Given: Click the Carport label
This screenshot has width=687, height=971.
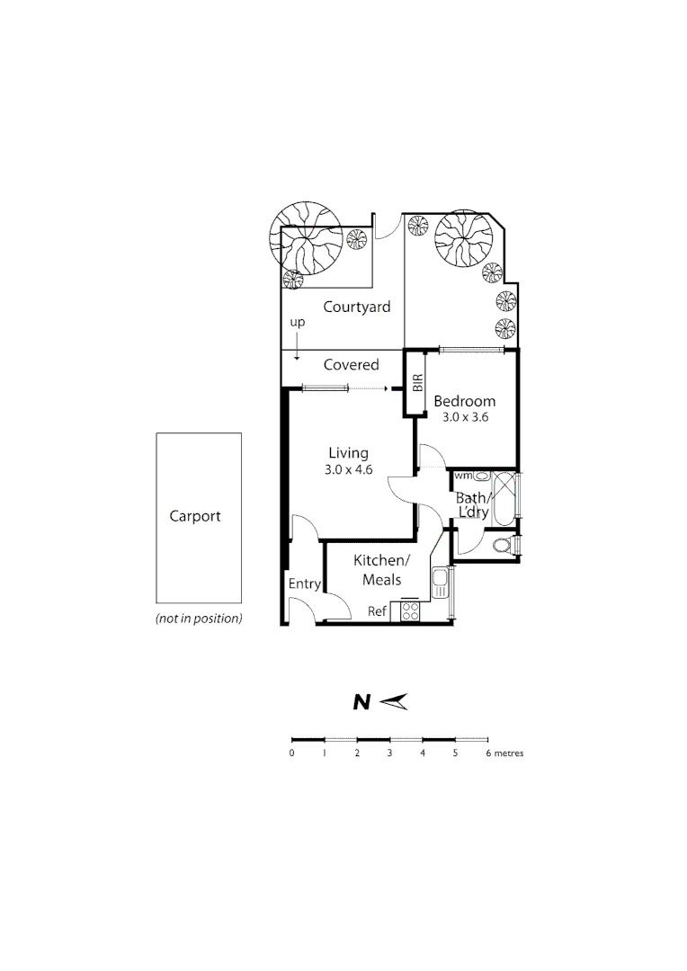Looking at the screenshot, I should pyautogui.click(x=195, y=516).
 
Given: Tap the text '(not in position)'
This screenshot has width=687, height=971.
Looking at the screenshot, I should pyautogui.click(x=199, y=619).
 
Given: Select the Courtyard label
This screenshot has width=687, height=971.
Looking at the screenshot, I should pyautogui.click(x=357, y=307).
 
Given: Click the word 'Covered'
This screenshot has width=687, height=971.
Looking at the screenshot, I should pyautogui.click(x=351, y=365).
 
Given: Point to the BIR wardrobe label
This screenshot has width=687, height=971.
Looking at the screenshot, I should pyautogui.click(x=417, y=384).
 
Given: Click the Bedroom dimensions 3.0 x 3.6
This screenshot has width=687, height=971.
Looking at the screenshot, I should pyautogui.click(x=464, y=417).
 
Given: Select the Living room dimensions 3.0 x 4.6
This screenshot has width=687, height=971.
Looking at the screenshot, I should pyautogui.click(x=349, y=469).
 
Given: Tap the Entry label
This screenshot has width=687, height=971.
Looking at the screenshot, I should pyautogui.click(x=305, y=583).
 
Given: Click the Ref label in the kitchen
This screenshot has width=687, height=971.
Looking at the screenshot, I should pyautogui.click(x=377, y=611).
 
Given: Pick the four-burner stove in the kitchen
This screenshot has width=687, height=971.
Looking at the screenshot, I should pyautogui.click(x=410, y=611).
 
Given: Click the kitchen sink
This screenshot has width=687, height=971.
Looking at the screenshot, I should pyautogui.click(x=440, y=584).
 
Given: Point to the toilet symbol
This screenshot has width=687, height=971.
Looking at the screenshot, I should pyautogui.click(x=504, y=545).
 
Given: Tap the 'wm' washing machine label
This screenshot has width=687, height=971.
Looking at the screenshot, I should pyautogui.click(x=463, y=475).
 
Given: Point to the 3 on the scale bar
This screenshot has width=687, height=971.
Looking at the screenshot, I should pyautogui.click(x=389, y=753).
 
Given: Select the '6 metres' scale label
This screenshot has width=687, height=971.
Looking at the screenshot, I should pyautogui.click(x=504, y=753).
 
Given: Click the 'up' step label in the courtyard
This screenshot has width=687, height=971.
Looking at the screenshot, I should pyautogui.click(x=296, y=322).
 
